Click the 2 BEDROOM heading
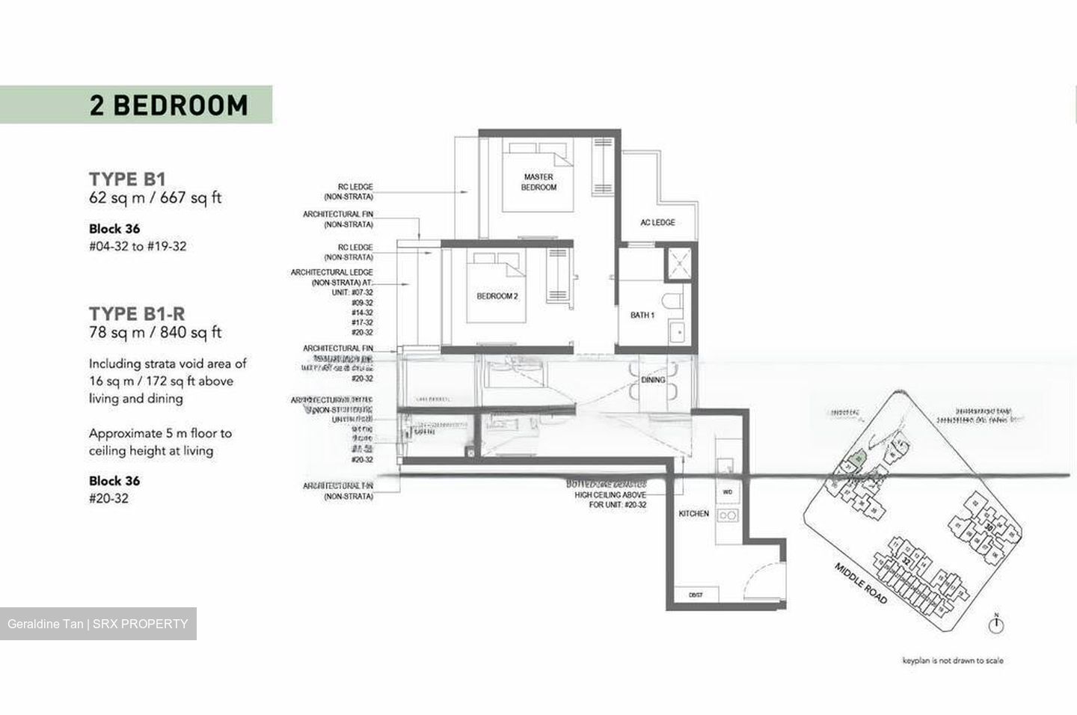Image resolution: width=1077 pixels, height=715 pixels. [x=168, y=105]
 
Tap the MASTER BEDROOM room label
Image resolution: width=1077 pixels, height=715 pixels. [x=538, y=182]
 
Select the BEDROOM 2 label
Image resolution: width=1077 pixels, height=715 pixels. [x=497, y=296]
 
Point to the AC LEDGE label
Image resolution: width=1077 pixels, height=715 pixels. [x=657, y=223]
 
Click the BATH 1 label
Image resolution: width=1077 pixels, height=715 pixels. [x=642, y=316]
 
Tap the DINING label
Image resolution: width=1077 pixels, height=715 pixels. [x=653, y=380]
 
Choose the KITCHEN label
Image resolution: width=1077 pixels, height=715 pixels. [x=693, y=514]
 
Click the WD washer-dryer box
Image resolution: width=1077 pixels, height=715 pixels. [x=727, y=493]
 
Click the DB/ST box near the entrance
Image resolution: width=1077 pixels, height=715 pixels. [x=696, y=595]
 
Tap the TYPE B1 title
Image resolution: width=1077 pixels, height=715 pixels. [x=127, y=179]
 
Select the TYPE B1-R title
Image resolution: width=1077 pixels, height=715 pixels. [x=138, y=313]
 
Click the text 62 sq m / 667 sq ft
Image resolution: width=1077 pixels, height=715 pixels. [x=156, y=198]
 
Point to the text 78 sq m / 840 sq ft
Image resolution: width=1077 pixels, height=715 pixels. [x=156, y=333]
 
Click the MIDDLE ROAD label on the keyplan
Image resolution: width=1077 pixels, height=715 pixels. [x=861, y=584]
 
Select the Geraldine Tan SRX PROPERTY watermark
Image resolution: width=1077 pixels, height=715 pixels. [x=98, y=624]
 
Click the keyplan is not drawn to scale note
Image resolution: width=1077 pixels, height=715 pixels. [x=952, y=660]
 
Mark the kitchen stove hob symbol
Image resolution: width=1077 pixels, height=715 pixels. [x=727, y=515]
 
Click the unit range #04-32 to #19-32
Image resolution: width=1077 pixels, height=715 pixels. [x=138, y=246]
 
